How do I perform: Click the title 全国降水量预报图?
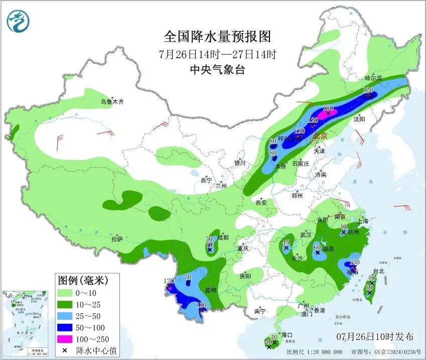217,37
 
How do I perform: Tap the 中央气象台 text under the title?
217,70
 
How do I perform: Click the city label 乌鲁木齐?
111,102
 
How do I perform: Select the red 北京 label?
319,135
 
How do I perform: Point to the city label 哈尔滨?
373,78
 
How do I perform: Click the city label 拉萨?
117,239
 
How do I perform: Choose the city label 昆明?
210,290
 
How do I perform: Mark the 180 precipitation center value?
328,108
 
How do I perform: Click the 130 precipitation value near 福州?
355,262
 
